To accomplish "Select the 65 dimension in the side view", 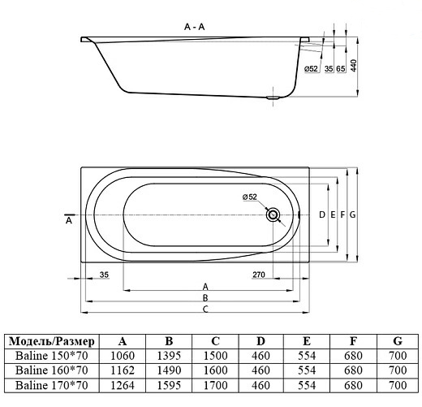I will tap(341, 71).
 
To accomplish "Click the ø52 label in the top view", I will tap(250, 197).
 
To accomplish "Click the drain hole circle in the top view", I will tap(273, 215).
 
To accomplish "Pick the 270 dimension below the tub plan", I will tap(260, 276).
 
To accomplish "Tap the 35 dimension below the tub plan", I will tap(103, 276).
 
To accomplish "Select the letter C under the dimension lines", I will tap(206, 310).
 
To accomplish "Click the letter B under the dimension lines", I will tap(206, 298).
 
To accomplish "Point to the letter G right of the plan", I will tap(353, 214).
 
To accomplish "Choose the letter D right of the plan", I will tap(322, 214).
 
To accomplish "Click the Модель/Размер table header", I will tap(52, 341).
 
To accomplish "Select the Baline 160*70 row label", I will tap(52, 370).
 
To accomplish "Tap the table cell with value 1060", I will tap(123, 356).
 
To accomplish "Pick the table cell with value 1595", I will tap(169, 385).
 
